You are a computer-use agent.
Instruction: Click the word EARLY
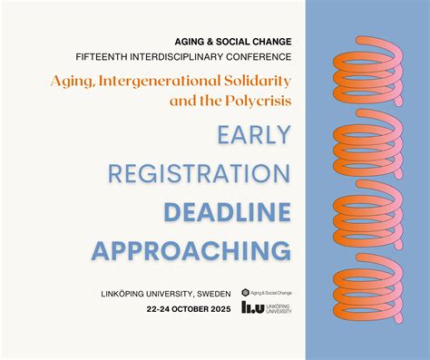click(x=254, y=134)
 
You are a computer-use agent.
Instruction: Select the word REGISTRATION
click(x=199, y=173)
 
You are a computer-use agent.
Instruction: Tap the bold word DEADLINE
click(x=227, y=212)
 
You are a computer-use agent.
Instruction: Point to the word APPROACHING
click(x=191, y=250)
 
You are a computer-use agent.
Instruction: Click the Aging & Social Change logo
click(x=267, y=293)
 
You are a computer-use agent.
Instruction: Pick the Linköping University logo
click(x=267, y=309)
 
